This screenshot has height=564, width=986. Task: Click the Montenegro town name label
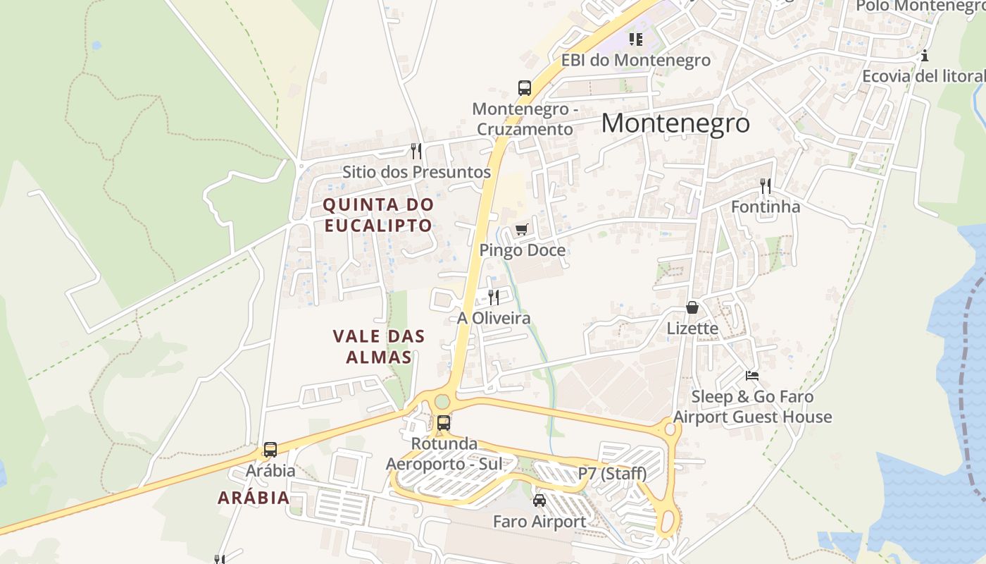(675, 123)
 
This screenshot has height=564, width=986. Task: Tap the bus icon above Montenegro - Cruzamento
(524, 88)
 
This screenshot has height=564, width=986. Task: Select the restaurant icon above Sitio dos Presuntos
(416, 151)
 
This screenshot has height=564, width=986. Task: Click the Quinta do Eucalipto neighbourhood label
(377, 215)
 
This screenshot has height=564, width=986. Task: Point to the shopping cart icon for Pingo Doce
(521, 229)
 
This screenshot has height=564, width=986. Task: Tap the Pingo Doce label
(522, 250)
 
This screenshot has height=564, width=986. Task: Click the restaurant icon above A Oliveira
(494, 298)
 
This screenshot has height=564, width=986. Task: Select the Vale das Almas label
(379, 346)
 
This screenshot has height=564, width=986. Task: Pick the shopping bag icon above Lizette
(692, 308)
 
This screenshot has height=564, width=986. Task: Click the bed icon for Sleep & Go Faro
(752, 376)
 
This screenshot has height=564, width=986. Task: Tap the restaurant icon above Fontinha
(766, 186)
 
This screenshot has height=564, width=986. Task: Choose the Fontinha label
(766, 207)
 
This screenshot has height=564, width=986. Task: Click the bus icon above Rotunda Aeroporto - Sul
(444, 423)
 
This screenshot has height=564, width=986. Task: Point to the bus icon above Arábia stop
(270, 449)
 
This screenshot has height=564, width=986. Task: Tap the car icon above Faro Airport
(539, 501)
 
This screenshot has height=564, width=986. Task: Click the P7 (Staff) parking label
(612, 474)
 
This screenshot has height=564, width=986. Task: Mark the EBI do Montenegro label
(635, 61)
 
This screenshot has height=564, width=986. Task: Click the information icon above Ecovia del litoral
(925, 56)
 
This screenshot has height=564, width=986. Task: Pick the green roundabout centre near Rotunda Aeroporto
(442, 402)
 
